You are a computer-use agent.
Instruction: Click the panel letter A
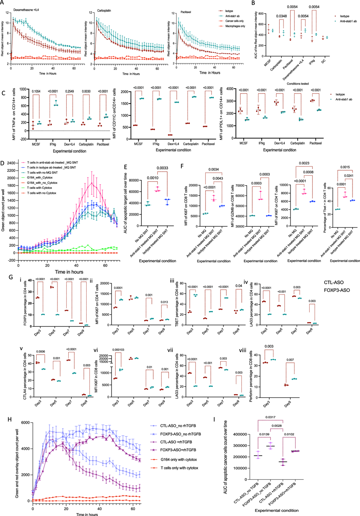(x=3, y=3)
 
